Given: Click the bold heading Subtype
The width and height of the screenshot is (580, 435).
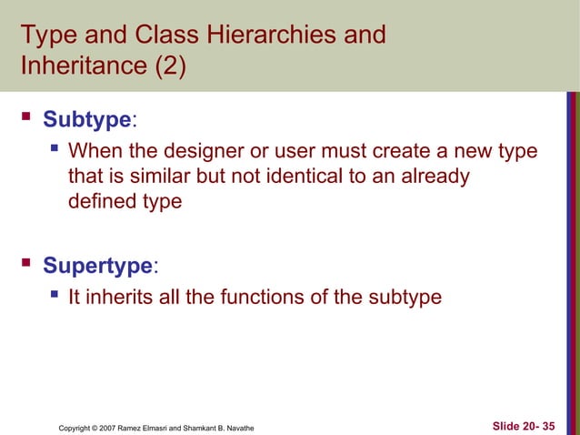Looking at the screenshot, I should click(x=87, y=119).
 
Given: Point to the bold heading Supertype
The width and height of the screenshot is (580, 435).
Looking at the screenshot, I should click(x=98, y=266).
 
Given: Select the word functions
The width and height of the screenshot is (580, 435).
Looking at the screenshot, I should click(x=266, y=297).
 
